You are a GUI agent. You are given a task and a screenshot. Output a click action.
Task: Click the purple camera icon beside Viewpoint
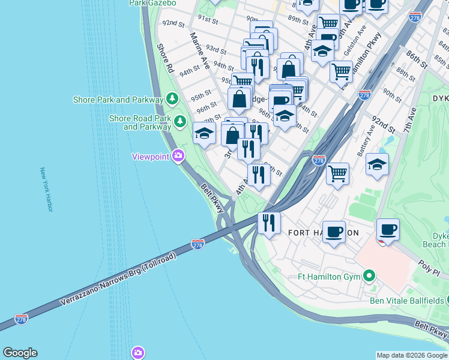tap(178, 157)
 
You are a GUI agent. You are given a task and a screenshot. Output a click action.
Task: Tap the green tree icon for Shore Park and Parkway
tap(172, 98)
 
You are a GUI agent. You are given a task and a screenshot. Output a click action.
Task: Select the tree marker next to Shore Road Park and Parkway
tap(179, 122)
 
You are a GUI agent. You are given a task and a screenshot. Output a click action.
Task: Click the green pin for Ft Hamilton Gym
tap(370, 277)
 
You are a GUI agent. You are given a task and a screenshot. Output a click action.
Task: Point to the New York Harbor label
tap(46, 189)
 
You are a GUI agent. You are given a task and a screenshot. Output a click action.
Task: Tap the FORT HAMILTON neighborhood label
tap(323, 233)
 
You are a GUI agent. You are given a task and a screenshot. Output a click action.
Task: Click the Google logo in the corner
tap(20, 353)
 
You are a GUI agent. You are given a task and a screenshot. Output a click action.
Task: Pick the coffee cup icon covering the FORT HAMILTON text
tap(334, 231)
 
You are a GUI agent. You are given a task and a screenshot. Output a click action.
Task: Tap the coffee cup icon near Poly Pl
tap(388, 229)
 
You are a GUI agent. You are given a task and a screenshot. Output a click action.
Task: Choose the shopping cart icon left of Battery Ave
tap(338, 174)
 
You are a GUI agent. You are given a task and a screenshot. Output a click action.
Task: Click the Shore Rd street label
tap(165, 58)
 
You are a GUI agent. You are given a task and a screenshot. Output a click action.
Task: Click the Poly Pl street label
tap(429, 266)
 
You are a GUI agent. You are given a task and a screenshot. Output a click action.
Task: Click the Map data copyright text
tap(412, 355)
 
